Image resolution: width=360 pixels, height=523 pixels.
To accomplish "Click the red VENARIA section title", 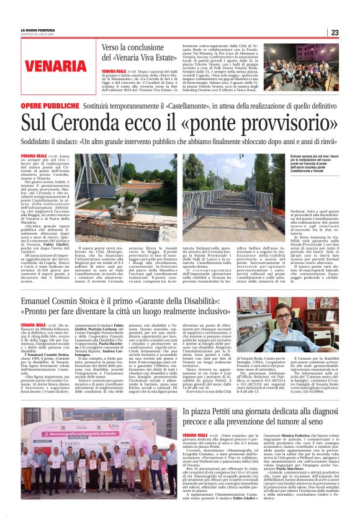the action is [47, 65].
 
